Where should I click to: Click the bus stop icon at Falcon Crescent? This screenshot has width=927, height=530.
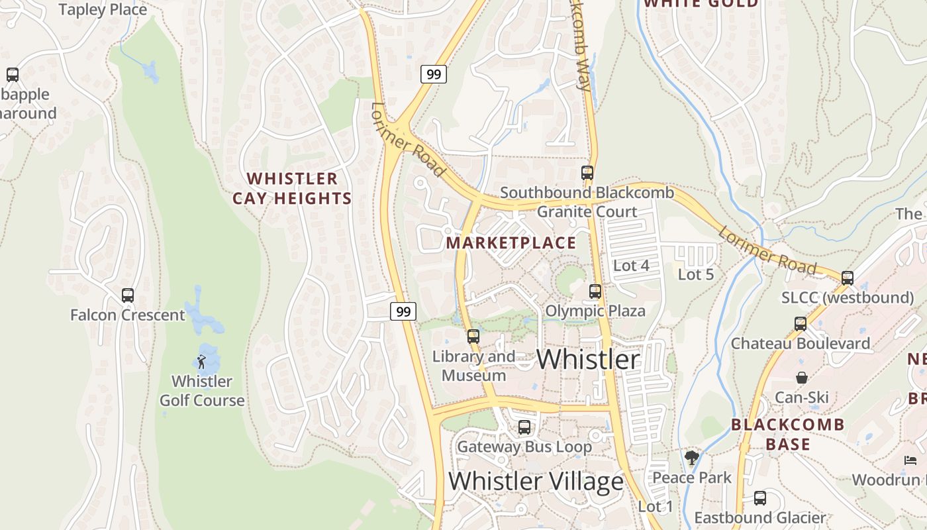[128, 295]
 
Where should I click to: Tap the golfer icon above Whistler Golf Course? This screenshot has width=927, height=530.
[201, 362]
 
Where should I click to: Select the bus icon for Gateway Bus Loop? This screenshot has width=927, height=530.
[524, 427]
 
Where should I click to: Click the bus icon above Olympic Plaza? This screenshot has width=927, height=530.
[595, 291]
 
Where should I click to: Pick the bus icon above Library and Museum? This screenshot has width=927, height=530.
[473, 337]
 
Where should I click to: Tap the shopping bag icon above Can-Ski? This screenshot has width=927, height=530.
[802, 378]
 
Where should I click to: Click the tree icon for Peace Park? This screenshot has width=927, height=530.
[692, 458]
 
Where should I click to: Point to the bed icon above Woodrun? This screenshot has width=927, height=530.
[910, 460]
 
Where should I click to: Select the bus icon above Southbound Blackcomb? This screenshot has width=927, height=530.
[587, 173]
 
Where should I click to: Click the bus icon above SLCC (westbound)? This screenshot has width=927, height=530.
[848, 278]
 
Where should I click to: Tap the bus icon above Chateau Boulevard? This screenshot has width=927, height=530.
[801, 324]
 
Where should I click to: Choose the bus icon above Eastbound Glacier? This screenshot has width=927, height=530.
[760, 498]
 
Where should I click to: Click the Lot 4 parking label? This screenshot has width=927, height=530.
[632, 266]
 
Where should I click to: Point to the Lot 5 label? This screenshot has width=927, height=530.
[696, 274]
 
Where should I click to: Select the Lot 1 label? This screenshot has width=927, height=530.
[656, 507]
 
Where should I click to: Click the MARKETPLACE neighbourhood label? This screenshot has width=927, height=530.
[511, 242]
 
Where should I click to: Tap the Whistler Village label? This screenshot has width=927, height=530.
[536, 481]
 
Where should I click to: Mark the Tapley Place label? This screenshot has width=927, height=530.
[103, 10]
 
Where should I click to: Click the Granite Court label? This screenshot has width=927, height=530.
[587, 212]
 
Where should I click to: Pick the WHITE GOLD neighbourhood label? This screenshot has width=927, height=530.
[701, 4]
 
